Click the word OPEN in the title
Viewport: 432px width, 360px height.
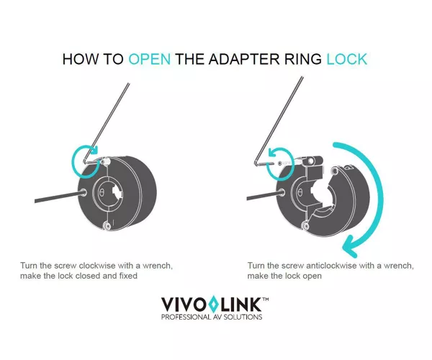pyautogui.click(x=150, y=59)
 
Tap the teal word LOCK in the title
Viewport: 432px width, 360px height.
pyautogui.click(x=347, y=59)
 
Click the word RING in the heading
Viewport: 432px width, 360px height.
pyautogui.click(x=303, y=59)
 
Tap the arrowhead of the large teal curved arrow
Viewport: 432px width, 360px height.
pyautogui.click(x=349, y=246)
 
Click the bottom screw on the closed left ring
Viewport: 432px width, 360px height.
pyautogui.click(x=107, y=226)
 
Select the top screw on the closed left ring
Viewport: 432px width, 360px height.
pyautogui.click(x=105, y=161)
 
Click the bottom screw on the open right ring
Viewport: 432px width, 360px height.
pyautogui.click(x=305, y=226)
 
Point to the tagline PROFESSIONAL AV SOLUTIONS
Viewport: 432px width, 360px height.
pyautogui.click(x=212, y=317)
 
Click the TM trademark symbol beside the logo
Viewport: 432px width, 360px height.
pyautogui.click(x=265, y=299)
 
